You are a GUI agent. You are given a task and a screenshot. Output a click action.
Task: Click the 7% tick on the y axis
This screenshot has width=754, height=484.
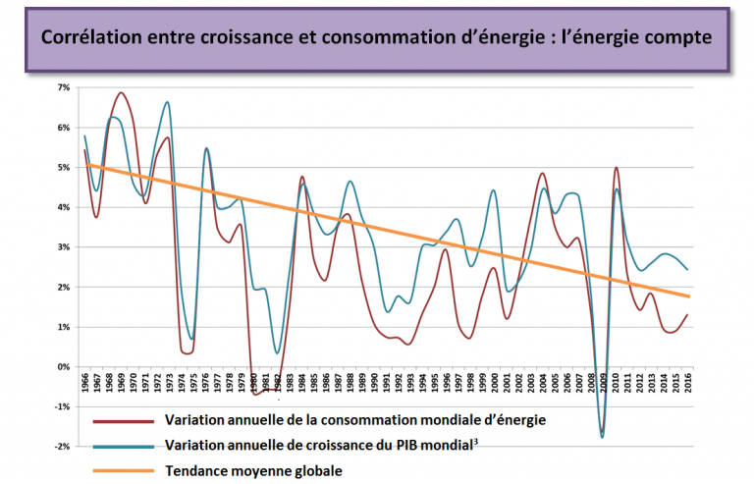(x=64, y=87)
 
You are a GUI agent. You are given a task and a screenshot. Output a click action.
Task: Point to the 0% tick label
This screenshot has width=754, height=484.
(x=64, y=367)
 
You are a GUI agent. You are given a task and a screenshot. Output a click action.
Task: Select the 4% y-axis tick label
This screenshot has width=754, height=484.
(x=64, y=207)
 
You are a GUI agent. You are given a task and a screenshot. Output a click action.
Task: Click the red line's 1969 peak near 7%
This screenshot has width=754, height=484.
(x=121, y=93)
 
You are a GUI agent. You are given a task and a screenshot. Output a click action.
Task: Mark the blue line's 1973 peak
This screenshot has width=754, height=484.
(x=168, y=102)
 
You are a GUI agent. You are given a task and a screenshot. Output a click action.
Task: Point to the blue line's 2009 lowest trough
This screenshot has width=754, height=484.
(x=602, y=437)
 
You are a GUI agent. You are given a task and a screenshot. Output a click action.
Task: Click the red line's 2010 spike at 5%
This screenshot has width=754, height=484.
(x=616, y=168)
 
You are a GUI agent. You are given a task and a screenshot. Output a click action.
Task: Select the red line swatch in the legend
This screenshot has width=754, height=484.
(x=125, y=421)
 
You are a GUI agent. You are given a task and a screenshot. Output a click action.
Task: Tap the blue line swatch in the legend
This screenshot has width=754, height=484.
(x=125, y=446)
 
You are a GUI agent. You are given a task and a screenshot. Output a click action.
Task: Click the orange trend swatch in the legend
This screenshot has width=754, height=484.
(x=125, y=471)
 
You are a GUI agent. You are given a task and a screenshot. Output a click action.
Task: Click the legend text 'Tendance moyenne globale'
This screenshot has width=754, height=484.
(x=254, y=471)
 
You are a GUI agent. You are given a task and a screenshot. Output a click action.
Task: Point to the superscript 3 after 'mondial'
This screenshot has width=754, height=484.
(x=475, y=442)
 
